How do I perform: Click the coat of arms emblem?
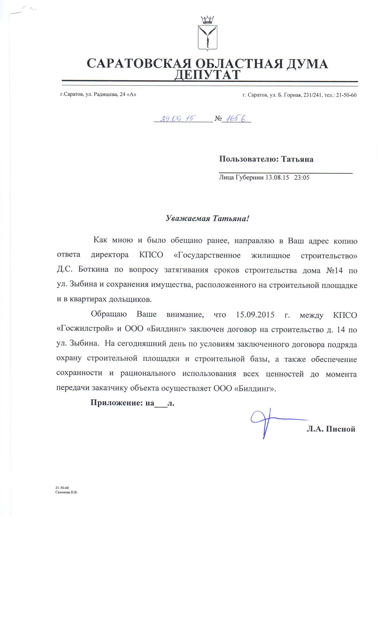pyautogui.click(x=207, y=34)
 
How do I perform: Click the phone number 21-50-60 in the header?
pyautogui.click(x=346, y=95)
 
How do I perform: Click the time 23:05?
pyautogui.click(x=302, y=178)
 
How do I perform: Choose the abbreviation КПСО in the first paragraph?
pyautogui.click(x=151, y=255)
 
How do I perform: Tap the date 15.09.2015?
pyautogui.click(x=255, y=315)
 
